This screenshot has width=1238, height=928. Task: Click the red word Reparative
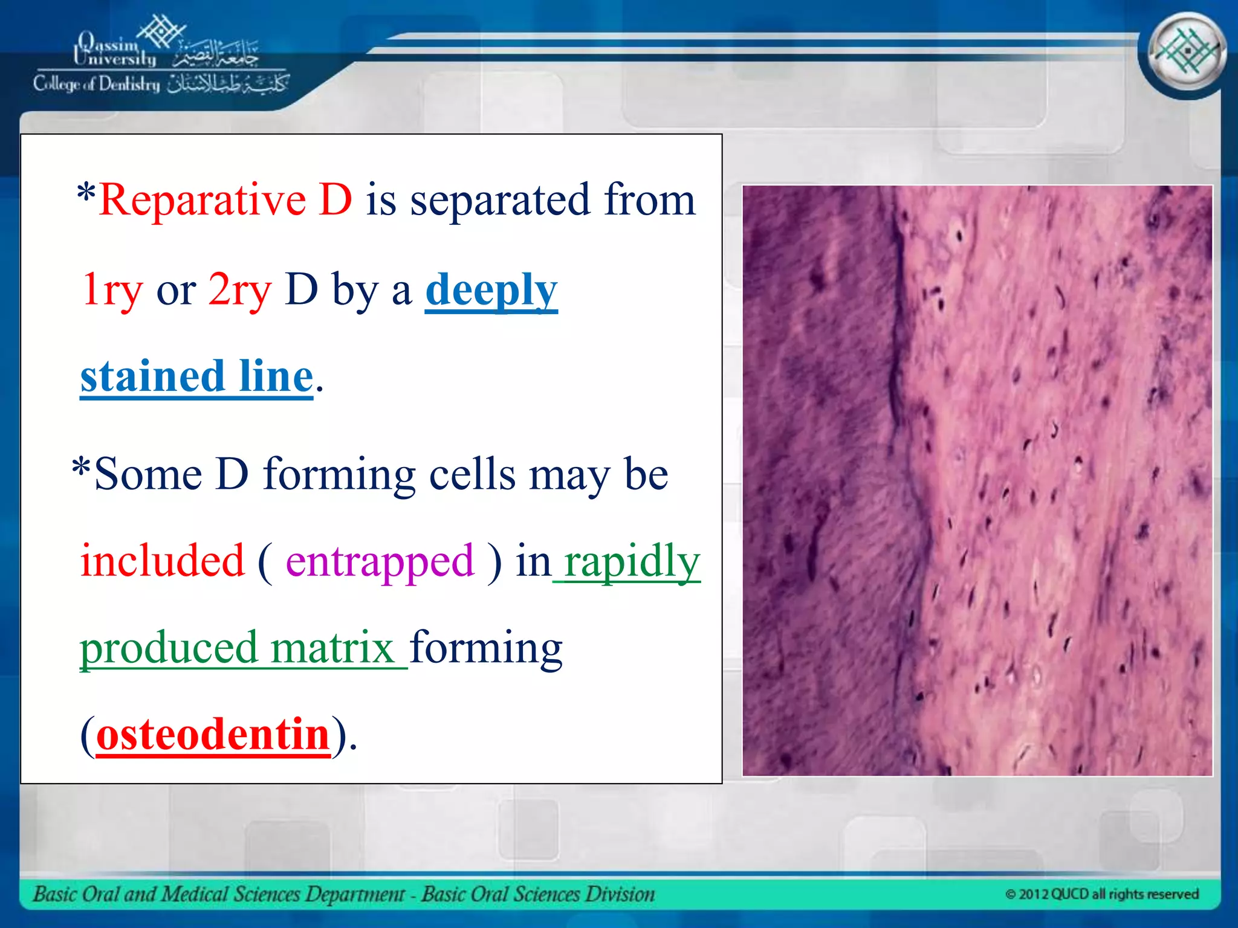(203, 200)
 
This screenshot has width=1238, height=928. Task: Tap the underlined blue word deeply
(491, 291)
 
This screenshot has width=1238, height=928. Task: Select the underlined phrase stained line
(196, 377)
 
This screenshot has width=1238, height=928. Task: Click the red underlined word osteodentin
(213, 735)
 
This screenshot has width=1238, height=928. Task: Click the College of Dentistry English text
(97, 84)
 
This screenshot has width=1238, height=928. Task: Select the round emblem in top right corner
(1186, 52)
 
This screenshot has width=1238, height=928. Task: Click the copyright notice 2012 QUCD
(1101, 894)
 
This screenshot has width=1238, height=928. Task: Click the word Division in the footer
(619, 894)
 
